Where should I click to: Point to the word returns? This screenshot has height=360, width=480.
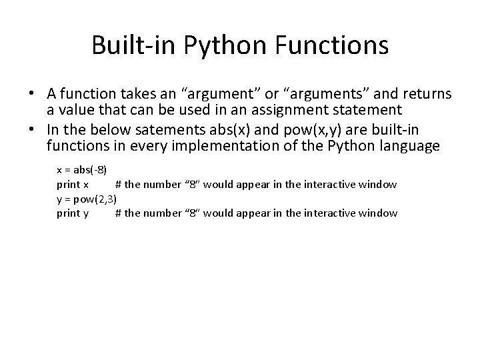click(x=419, y=94)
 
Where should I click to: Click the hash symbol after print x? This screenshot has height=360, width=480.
click(x=118, y=184)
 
